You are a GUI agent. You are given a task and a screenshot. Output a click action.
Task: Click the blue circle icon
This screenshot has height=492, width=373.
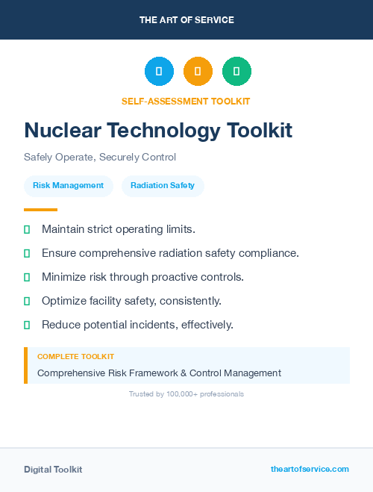tap(159, 72)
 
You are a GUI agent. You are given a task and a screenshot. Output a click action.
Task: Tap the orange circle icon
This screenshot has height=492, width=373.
tap(198, 72)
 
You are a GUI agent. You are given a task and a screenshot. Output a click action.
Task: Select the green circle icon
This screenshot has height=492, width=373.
tap(236, 72)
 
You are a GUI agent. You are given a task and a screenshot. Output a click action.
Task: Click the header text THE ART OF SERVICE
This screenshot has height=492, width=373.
tap(186, 20)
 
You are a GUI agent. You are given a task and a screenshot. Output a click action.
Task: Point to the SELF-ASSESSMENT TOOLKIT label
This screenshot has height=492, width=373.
tap(186, 101)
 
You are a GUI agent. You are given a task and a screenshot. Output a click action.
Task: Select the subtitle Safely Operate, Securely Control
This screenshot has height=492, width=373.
tap(100, 158)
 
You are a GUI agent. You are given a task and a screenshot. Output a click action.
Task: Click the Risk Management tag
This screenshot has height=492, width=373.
tap(68, 186)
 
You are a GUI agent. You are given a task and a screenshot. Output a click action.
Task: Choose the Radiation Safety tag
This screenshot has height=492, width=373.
tap(163, 186)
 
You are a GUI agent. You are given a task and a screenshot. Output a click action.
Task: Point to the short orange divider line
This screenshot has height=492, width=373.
tap(40, 210)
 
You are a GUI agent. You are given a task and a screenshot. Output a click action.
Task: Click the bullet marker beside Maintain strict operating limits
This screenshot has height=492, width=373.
tap(27, 229)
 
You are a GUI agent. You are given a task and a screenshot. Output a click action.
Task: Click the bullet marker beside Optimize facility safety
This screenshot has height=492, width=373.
tap(27, 301)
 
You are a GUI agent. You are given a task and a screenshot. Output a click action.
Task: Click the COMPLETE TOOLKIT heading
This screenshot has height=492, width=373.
tap(75, 357)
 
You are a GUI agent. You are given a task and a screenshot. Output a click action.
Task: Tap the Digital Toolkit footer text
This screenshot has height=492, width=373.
tap(53, 470)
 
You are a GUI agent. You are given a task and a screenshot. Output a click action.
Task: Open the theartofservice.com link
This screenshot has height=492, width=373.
tap(310, 469)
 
